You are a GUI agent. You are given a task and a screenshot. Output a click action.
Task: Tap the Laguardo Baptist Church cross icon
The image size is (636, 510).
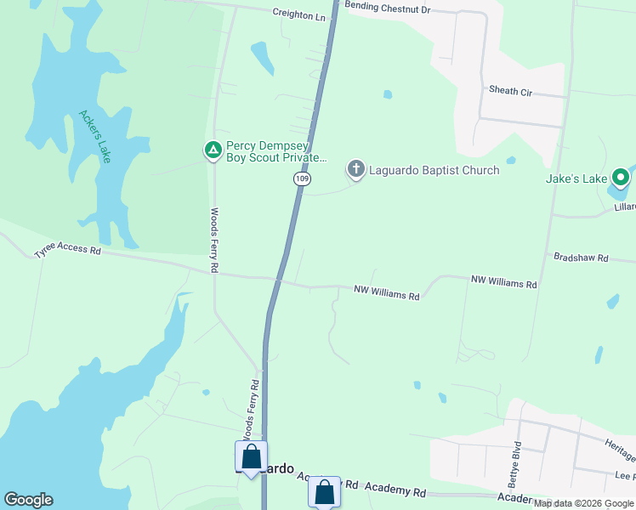tap(355, 169)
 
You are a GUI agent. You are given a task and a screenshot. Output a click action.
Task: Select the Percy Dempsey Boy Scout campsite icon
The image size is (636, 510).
tap(213, 150)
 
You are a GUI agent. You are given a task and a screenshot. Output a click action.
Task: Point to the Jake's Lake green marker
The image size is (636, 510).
tap(621, 178)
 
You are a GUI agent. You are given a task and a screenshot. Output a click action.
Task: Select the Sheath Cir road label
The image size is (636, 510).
tap(510, 90)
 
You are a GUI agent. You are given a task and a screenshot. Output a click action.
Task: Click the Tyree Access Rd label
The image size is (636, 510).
tap(67, 252)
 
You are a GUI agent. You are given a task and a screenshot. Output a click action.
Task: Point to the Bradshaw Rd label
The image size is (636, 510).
tap(581, 257)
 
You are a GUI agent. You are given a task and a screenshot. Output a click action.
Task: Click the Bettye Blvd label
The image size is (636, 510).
tap(514, 456)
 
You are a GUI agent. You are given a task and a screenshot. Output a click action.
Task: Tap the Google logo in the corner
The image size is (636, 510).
tap(28, 500)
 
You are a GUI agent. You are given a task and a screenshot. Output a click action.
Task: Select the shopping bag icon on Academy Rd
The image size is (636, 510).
tap(324, 490)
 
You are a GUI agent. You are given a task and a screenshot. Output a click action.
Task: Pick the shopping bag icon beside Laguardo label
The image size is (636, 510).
tap(251, 456)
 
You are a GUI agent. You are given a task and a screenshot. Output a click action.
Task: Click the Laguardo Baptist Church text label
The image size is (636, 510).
tap(434, 170)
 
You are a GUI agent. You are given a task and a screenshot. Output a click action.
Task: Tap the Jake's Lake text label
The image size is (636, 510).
tap(576, 178)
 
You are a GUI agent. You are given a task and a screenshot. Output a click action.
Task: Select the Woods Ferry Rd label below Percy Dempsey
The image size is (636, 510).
tap(215, 241)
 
